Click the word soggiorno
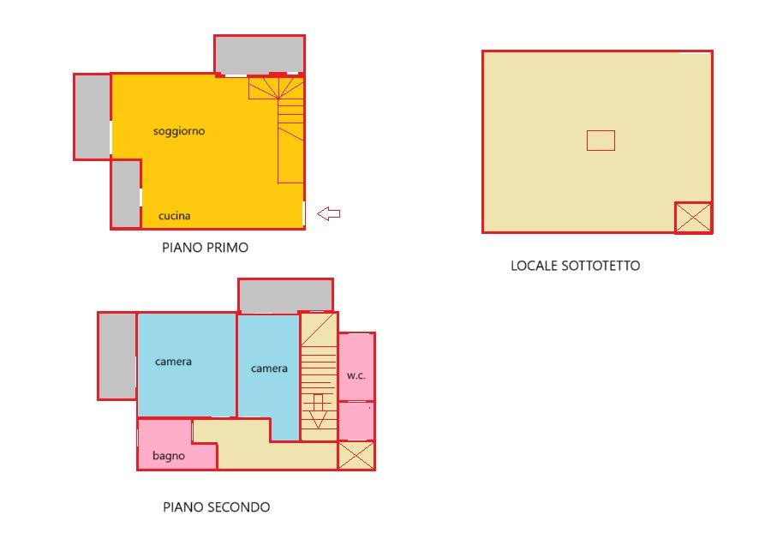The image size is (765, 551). [179, 131]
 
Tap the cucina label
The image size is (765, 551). [174, 216]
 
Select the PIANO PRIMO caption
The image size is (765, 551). [205, 248]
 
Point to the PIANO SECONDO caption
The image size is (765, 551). [216, 507]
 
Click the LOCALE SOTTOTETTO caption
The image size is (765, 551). [575, 266]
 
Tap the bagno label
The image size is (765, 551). [168, 456]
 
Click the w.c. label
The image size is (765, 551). [356, 375]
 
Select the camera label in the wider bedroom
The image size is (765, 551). [173, 362]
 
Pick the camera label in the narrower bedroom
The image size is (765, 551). [269, 368]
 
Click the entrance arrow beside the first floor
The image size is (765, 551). [328, 213]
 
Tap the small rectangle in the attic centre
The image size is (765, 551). [601, 141]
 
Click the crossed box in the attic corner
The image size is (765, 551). [693, 217]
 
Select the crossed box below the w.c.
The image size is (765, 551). [356, 455]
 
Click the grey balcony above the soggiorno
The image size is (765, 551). [260, 55]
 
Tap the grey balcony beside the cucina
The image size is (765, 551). [126, 194]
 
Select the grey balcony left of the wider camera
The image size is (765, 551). [117, 356]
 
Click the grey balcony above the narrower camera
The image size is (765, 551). [285, 296]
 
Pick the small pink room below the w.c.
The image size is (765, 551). [356, 422]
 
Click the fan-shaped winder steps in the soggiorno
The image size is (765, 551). [276, 88]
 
